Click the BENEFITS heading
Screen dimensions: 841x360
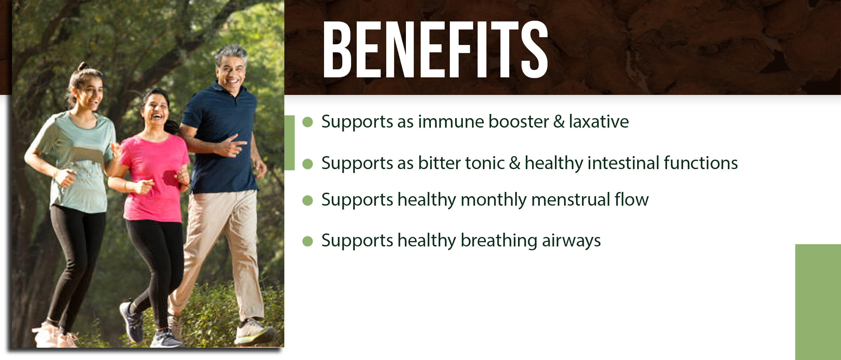tap(435, 50)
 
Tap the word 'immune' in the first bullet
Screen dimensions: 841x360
tap(451, 122)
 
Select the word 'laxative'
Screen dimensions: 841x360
tap(599, 122)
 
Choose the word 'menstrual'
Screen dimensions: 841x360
tap(571, 199)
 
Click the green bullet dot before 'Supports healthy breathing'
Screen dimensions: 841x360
tap(308, 242)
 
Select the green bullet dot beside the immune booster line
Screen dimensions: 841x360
tap(308, 122)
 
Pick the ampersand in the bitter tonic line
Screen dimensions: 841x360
tap(515, 163)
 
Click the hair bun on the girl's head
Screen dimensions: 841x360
tap(83, 66)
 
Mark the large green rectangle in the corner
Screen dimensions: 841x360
tap(818, 302)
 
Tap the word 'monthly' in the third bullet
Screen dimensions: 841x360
tap(493, 200)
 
